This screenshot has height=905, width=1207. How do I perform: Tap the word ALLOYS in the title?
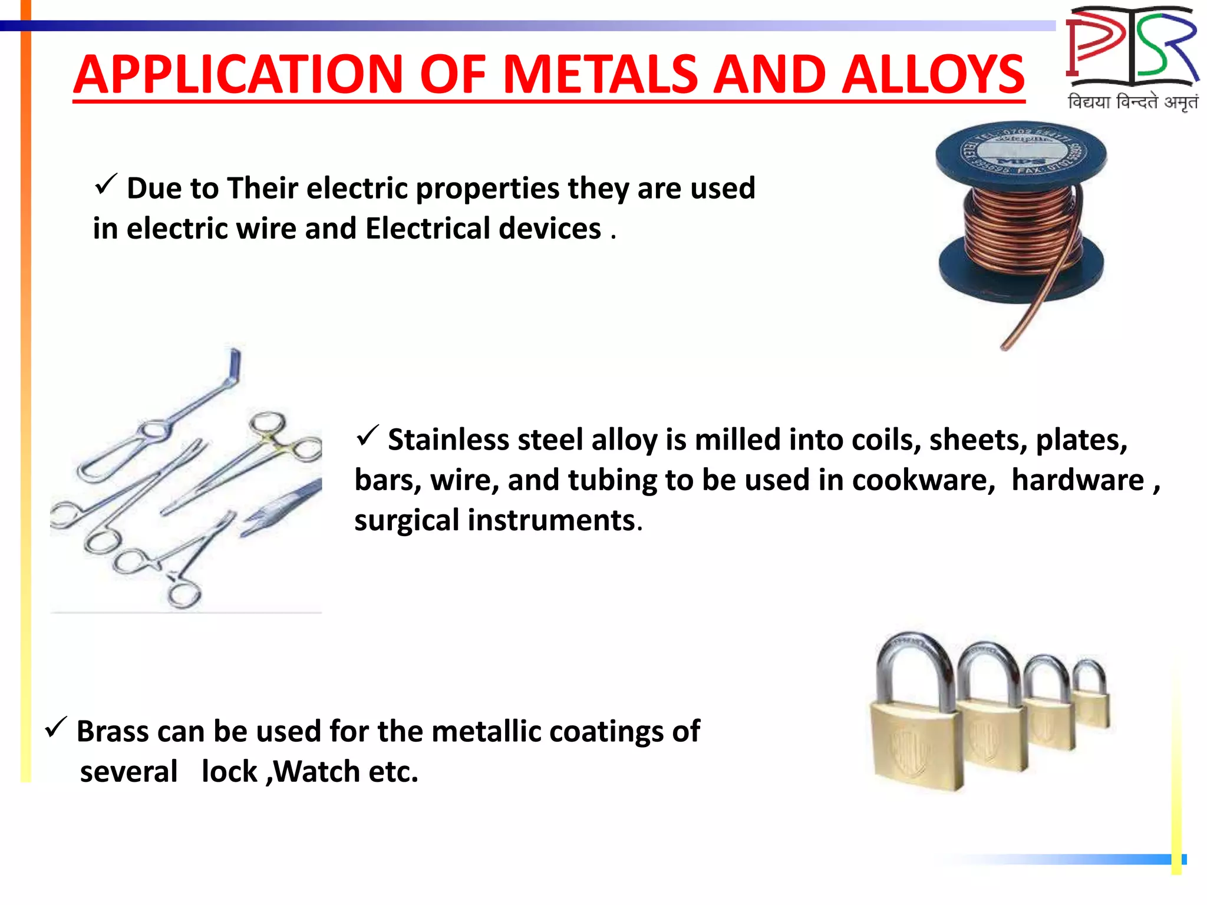pyautogui.click(x=934, y=75)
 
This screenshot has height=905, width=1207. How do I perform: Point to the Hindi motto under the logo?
pyautogui.click(x=1132, y=102)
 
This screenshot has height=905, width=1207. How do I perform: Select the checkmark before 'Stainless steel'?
pyautogui.click(x=367, y=436)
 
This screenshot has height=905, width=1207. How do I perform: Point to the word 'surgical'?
pyautogui.click(x=407, y=521)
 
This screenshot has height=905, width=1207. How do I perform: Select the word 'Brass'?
pyautogui.click(x=113, y=732)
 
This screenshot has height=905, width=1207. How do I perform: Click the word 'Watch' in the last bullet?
pyautogui.click(x=317, y=772)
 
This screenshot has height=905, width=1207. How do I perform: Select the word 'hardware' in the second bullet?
pyautogui.click(x=1077, y=480)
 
